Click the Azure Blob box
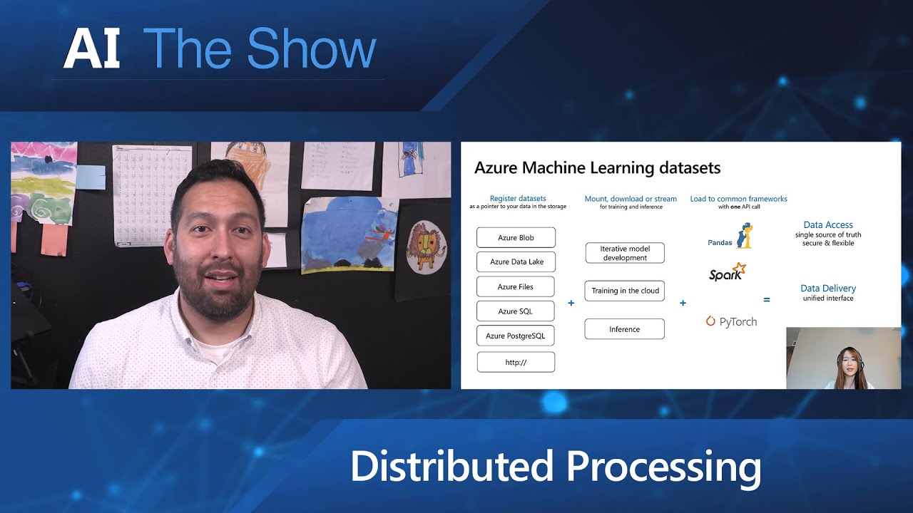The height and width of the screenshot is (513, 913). click(x=516, y=237)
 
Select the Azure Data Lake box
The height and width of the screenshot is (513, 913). click(x=516, y=261)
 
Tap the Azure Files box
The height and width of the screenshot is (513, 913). click(x=516, y=286)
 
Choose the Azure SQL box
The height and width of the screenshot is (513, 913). click(x=516, y=311)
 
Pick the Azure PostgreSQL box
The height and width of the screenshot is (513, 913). click(x=516, y=336)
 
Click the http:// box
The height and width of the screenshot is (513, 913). click(x=516, y=362)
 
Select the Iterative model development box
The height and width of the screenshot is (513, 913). click(x=625, y=253)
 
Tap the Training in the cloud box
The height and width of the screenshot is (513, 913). click(x=625, y=291)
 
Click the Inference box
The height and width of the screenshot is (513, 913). click(x=625, y=329)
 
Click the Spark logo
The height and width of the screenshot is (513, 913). click(x=728, y=272)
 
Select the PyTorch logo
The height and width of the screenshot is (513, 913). click(x=731, y=322)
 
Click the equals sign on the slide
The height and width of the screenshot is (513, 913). click(x=767, y=300)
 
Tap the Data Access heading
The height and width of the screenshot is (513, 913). click(x=828, y=225)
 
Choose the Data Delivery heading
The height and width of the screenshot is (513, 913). click(x=828, y=289)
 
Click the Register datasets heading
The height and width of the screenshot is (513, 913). click(x=518, y=199)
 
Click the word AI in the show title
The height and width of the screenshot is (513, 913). click(x=91, y=50)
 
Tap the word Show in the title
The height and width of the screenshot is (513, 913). click(x=312, y=50)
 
